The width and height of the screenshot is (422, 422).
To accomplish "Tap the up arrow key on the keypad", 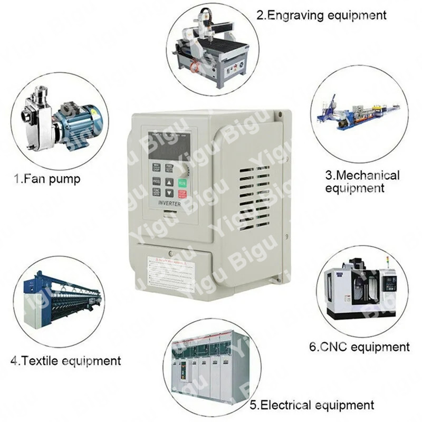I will click(x=169, y=182).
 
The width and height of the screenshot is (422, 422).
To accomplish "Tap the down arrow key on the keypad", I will click(x=169, y=194).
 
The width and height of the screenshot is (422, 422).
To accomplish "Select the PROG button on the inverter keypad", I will click(x=157, y=181).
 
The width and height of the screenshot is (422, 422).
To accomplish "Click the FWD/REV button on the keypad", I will click(x=169, y=168).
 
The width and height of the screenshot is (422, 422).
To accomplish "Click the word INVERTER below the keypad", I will click(x=168, y=204).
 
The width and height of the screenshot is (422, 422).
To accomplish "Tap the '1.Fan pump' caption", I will click(x=47, y=179).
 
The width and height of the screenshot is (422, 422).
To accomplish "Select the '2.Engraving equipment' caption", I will click(x=321, y=15).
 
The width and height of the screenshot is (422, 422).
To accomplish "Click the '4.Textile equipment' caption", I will click(x=65, y=361).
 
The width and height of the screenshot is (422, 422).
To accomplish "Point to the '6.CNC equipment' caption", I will click(x=359, y=347).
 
